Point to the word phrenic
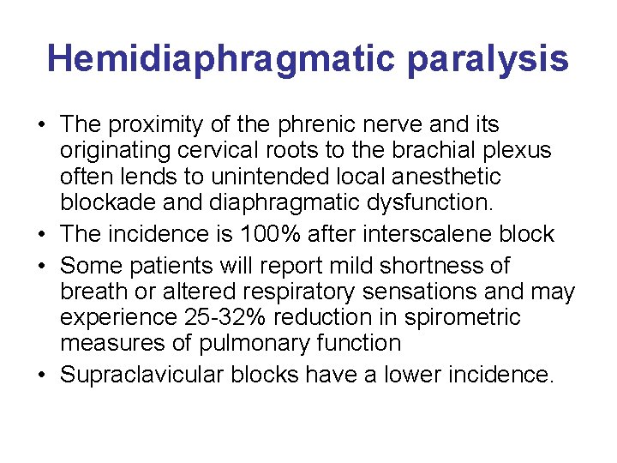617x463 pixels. [x=311, y=125]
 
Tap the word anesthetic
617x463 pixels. [x=445, y=177]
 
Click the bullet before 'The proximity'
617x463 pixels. [x=42, y=125]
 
